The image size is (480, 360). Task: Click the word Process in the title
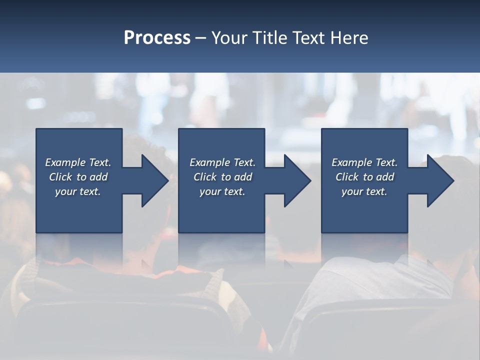click(157, 38)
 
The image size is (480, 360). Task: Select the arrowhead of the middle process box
click(296, 180)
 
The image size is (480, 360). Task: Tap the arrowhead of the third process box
click(439, 180)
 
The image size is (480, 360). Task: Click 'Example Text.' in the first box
click(78, 162)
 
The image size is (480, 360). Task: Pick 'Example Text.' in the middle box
click(222, 162)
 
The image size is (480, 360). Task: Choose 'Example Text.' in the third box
click(364, 162)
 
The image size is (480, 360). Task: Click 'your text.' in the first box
click(78, 191)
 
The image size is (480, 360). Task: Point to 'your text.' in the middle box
click(222, 191)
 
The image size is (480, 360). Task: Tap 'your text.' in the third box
click(364, 191)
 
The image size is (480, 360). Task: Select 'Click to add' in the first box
click(78, 177)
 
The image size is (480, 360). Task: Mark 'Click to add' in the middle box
click(222, 177)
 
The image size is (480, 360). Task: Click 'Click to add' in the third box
click(364, 177)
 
